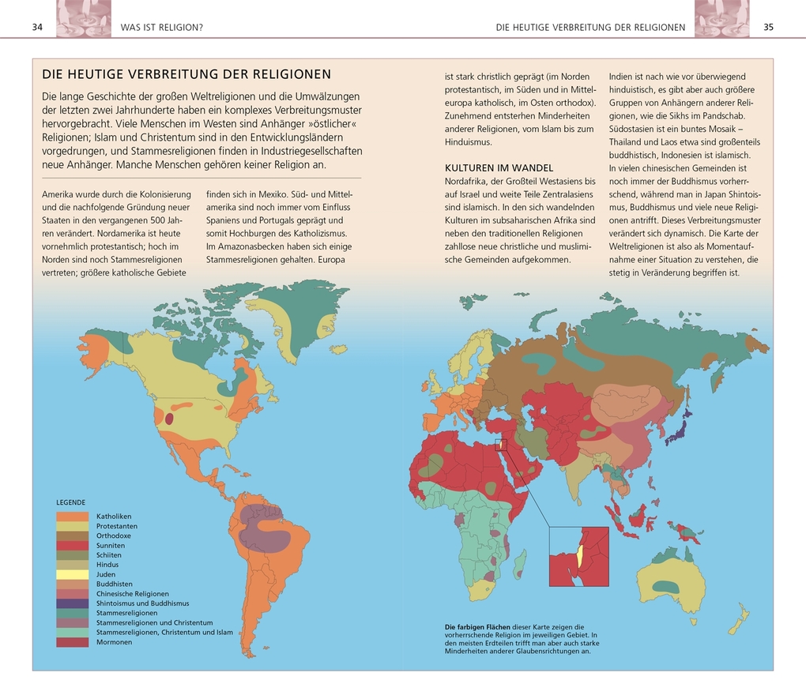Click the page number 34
coord(37,27)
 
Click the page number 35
coord(768,27)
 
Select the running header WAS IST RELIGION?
coord(161,28)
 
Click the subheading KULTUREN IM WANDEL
coord(499,168)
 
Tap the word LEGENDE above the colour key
coord(70,502)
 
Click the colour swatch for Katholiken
coord(72,517)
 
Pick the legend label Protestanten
coord(117,526)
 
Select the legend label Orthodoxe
coord(114,536)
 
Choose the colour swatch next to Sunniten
coord(72,546)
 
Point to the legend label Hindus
coord(107,565)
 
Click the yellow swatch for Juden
coord(72,574)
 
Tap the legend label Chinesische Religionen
coord(133,594)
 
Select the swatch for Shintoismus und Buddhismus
coord(72,603)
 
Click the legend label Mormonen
coord(115,642)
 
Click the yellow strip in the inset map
coord(579,555)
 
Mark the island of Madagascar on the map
coord(520,564)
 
